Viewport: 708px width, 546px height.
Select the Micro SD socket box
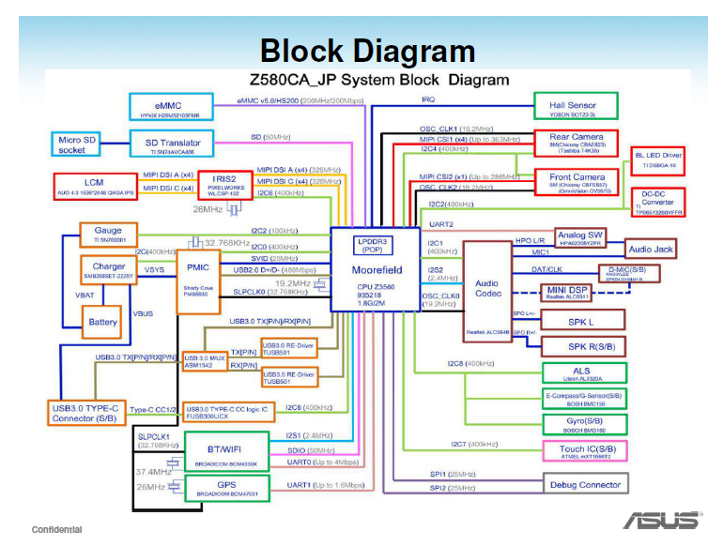pos(78,144)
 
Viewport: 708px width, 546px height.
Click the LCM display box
pos(94,184)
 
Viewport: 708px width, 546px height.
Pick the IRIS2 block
pos(223,183)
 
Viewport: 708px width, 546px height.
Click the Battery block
pos(103,322)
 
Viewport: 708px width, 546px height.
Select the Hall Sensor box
pos(576,105)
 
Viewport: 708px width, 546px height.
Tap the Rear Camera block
pos(576,142)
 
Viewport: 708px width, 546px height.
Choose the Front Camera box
pos(576,181)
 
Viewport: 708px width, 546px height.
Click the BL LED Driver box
pos(658,159)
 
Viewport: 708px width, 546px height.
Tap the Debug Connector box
pos(586,484)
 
